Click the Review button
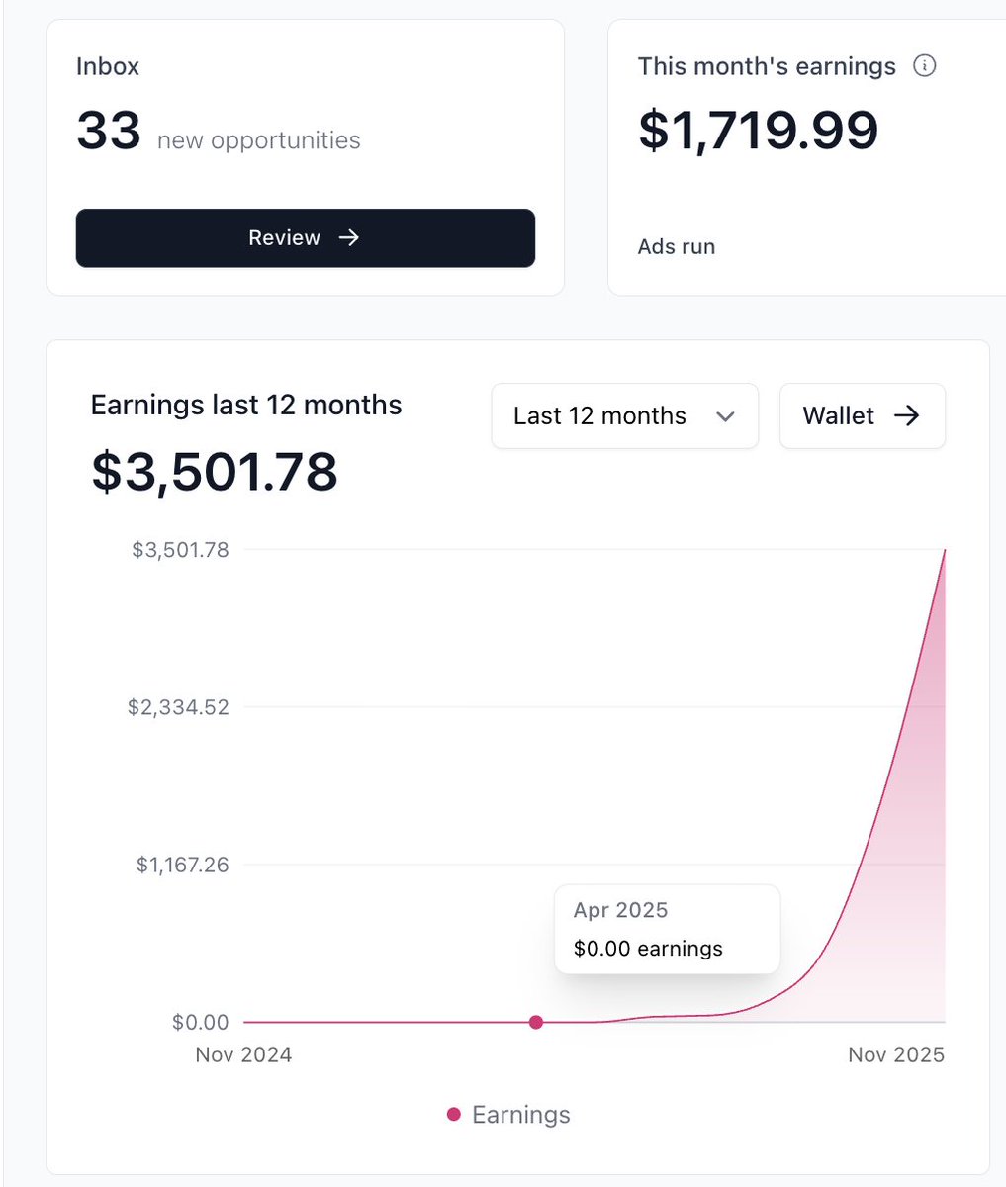coord(305,238)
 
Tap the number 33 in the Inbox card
coord(108,132)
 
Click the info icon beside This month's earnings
coord(924,66)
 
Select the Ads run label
coord(676,247)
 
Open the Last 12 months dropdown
coord(624,416)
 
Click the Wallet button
coord(862,416)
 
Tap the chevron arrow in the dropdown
coord(725,417)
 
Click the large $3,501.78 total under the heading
coord(215,472)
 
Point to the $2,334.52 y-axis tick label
coord(178,707)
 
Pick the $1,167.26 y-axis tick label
coord(182,866)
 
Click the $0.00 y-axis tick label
coord(202,1023)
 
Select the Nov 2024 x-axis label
coord(243,1055)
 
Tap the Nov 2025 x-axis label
coord(896,1055)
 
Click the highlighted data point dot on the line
coord(536,1022)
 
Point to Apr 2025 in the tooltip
coord(620,910)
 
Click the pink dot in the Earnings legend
coord(454,1115)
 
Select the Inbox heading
coord(108,67)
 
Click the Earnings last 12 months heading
coord(246,406)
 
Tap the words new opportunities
coord(258,140)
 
